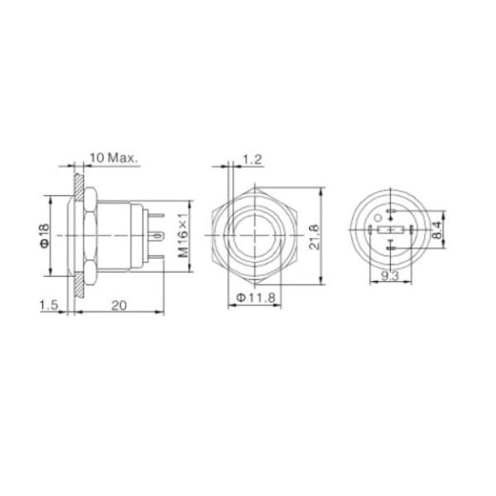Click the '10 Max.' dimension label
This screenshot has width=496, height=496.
click(x=114, y=158)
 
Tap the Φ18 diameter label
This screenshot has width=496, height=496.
click(x=45, y=236)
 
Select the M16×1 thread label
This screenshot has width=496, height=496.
click(x=183, y=235)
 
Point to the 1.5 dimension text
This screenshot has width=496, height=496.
click(x=49, y=305)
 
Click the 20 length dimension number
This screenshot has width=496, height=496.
click(x=119, y=306)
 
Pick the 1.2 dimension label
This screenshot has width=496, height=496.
click(x=252, y=160)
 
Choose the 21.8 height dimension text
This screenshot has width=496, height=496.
click(x=314, y=237)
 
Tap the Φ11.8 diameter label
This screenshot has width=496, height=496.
click(x=256, y=298)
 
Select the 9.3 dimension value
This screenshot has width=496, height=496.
click(x=390, y=276)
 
